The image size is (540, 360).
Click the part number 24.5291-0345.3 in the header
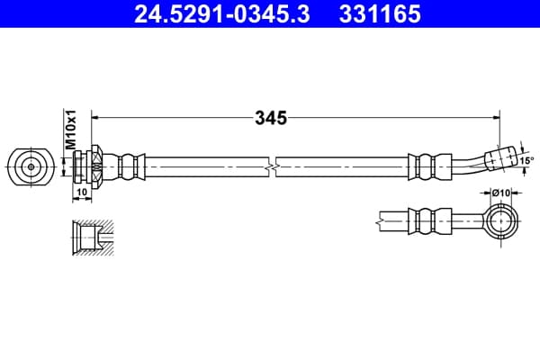pos(221,13)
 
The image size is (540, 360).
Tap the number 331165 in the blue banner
pos(380,13)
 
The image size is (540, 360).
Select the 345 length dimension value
pos(271,118)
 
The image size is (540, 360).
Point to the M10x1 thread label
pos(71,130)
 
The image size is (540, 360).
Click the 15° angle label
pos(526,160)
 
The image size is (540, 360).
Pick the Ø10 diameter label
pos(500,193)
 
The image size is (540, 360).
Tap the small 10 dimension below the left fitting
pos(82,192)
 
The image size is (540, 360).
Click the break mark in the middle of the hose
pos(272,167)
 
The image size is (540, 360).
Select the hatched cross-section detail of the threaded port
pos(93,238)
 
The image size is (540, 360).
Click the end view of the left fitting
pos(31,167)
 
